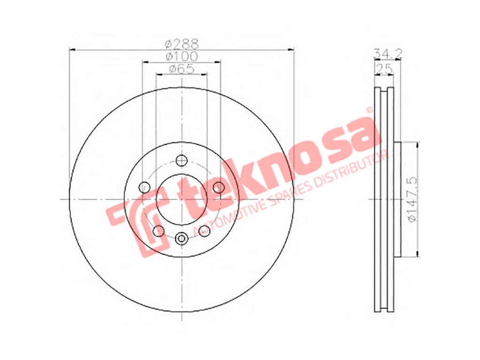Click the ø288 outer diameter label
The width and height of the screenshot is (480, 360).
pos(182,44)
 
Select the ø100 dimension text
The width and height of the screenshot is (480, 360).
pos(182,57)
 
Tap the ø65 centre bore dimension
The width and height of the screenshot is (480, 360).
pos(182,69)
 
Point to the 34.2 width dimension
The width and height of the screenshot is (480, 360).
pos(388,53)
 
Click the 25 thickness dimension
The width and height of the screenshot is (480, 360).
pos(384,69)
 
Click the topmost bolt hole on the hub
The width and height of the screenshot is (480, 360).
pos(182,160)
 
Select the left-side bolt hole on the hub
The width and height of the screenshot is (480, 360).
pos(144,187)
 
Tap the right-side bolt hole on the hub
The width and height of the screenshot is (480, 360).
pos(219,187)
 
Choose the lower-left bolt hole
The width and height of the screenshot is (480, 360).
pos(158,231)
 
